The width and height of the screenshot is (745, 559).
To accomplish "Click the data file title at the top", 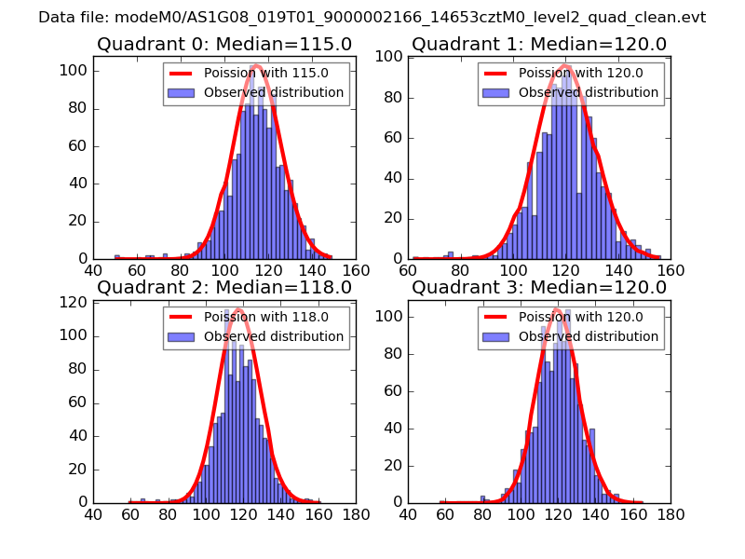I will [x=372, y=18].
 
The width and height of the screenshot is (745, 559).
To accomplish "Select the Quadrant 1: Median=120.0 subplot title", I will [x=539, y=45].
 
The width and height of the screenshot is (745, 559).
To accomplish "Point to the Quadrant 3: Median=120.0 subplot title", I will [x=539, y=288].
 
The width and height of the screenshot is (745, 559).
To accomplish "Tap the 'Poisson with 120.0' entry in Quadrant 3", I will [x=570, y=318].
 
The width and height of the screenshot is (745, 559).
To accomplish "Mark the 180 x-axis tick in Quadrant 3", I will [x=670, y=514].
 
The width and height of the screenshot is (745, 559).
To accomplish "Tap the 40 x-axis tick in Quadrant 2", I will [x=93, y=514].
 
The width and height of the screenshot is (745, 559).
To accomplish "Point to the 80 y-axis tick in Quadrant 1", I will [x=392, y=97].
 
